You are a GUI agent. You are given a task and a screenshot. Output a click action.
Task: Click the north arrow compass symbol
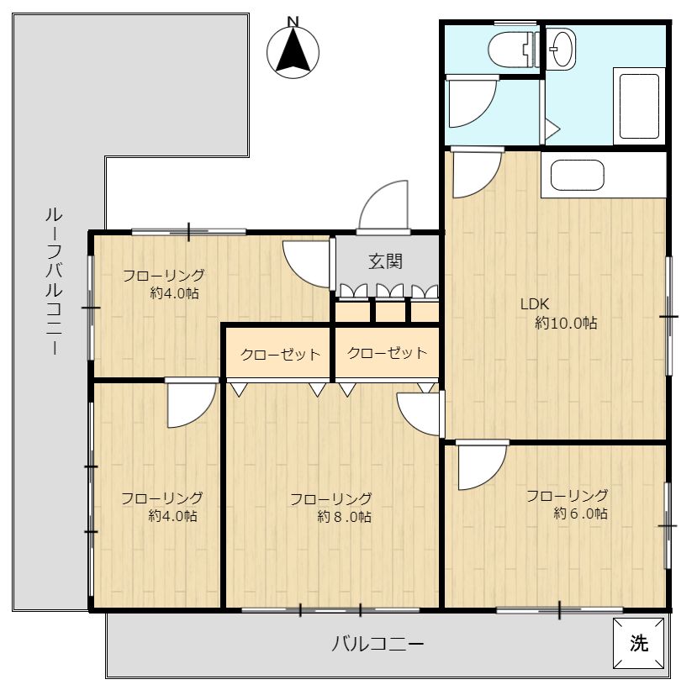[x=293, y=52]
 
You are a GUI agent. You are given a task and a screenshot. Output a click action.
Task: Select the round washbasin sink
[x=561, y=49]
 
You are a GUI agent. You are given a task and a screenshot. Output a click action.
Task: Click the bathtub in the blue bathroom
[x=639, y=106]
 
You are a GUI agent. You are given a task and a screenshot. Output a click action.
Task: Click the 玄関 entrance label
[x=385, y=261]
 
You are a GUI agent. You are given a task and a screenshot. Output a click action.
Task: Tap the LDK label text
[x=534, y=304]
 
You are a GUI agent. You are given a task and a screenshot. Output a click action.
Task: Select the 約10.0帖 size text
[x=566, y=323]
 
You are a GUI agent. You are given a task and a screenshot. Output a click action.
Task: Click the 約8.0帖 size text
[x=344, y=517]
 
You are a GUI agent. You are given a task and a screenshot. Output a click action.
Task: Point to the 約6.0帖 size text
[x=580, y=514]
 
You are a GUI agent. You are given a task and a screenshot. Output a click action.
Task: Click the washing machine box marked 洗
[x=639, y=643]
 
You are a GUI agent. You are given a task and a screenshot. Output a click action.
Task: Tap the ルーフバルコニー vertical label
[x=54, y=282]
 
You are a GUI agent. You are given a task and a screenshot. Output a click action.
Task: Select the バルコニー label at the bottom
[x=378, y=643]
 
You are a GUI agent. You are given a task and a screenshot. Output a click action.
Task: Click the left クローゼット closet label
[x=280, y=355]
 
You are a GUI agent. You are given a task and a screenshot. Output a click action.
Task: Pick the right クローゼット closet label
[x=387, y=353]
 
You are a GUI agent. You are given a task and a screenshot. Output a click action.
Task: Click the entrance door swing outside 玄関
[x=383, y=205]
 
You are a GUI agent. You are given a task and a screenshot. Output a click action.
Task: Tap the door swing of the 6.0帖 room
[x=482, y=466]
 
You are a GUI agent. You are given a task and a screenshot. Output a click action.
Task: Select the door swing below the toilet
[x=472, y=103]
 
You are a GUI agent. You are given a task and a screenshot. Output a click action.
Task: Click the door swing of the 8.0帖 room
[x=419, y=413]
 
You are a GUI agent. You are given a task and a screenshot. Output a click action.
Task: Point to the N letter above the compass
[x=293, y=21]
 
